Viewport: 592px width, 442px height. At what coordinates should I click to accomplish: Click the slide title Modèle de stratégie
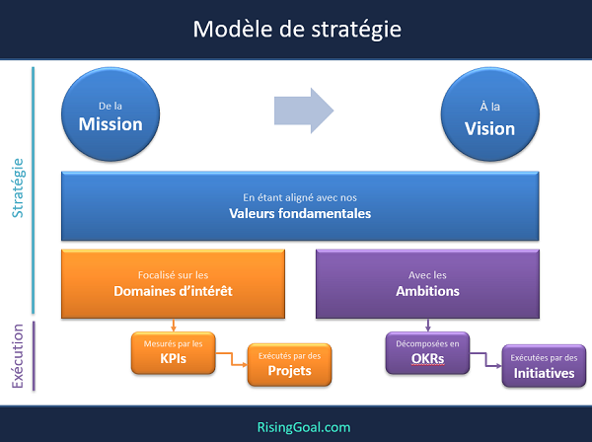pos(297,29)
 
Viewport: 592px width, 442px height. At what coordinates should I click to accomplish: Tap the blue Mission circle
pos(111,114)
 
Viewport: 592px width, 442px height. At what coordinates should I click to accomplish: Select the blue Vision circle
pos(490,114)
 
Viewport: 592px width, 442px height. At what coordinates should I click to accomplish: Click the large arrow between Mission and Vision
pos(304,110)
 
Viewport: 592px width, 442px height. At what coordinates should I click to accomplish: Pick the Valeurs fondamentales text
pos(300,214)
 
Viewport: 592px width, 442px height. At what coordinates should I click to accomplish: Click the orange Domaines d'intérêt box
pos(173,284)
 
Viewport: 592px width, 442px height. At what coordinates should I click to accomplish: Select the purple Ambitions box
pos(427,284)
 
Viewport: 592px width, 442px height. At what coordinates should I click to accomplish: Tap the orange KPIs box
pos(174,353)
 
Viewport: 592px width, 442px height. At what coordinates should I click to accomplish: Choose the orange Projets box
pos(289,365)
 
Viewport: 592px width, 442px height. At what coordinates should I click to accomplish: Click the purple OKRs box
pos(428,353)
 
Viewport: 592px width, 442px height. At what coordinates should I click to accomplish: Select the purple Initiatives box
pos(544,366)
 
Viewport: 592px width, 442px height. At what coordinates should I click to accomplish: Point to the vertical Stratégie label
pos(18,188)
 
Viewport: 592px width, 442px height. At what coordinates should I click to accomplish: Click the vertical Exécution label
pos(18,356)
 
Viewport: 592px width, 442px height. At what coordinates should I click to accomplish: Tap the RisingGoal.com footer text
pos(304,427)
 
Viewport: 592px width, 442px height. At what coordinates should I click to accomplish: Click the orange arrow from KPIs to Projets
pos(232,359)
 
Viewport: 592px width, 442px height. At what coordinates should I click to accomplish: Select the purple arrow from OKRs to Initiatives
pos(485,359)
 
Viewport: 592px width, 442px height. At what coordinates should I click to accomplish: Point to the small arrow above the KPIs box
pos(174,326)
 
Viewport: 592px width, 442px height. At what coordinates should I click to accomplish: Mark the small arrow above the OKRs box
pos(428,326)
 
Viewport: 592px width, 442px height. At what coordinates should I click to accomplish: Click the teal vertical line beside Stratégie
pos(34,190)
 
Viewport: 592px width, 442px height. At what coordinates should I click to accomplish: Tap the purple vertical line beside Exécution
pos(34,355)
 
